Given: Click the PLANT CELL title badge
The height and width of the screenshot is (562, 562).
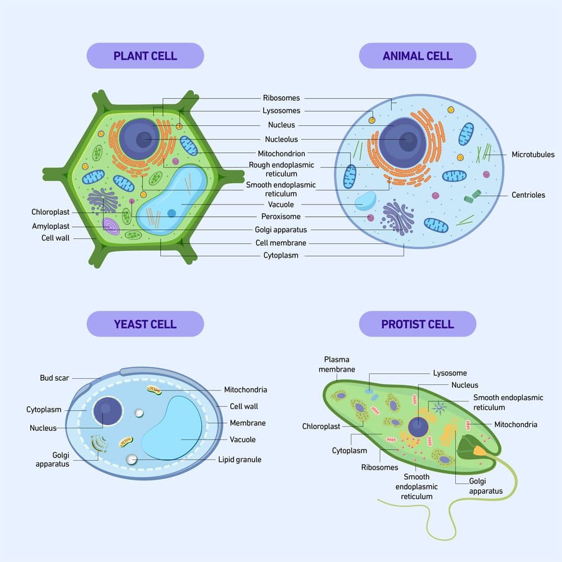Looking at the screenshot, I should tap(145, 56).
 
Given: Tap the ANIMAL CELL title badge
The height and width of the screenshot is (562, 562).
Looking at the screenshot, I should tap(417, 56).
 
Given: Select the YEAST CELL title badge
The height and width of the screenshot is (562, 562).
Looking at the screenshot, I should tap(145, 324).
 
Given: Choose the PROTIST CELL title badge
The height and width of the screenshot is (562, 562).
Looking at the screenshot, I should tap(417, 324).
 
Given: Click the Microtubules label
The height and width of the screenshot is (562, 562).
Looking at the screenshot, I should tap(533, 155).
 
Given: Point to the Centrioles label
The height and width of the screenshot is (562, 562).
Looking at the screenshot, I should tap(528, 195).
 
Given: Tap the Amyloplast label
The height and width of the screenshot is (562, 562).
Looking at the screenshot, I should tap(51, 226).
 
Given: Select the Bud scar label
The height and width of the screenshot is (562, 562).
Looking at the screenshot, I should tap(55, 378).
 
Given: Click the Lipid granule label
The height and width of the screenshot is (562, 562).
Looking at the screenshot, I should tap(239, 459).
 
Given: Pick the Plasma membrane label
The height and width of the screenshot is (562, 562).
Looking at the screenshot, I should tap(337, 364).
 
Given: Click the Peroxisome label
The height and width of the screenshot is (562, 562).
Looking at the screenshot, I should tap(281, 216).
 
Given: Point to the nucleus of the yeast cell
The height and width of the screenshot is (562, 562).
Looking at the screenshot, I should tap(108, 411).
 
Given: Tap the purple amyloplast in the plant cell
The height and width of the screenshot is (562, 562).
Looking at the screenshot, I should tap(111, 226).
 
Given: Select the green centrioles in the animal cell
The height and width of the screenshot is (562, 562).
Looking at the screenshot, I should tap(473, 196).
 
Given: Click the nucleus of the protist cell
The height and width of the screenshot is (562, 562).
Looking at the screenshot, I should tap(418, 427).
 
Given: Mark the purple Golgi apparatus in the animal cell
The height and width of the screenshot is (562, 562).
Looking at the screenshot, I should tap(398, 216).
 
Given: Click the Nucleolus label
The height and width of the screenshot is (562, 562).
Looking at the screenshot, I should tap(282, 139).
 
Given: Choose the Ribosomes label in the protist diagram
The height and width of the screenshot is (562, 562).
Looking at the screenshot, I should tap(379, 467).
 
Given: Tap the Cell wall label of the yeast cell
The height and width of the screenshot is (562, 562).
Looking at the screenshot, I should tap(244, 406).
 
